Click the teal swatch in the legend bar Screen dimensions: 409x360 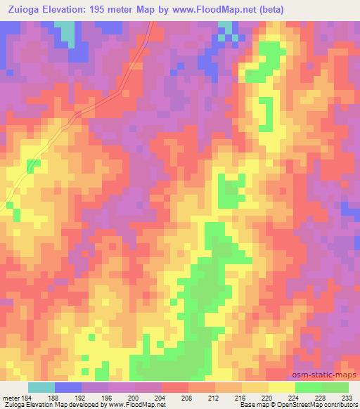coord(41,387)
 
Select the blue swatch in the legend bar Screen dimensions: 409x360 coord(68,387)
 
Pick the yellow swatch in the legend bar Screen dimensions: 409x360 coord(281,387)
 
